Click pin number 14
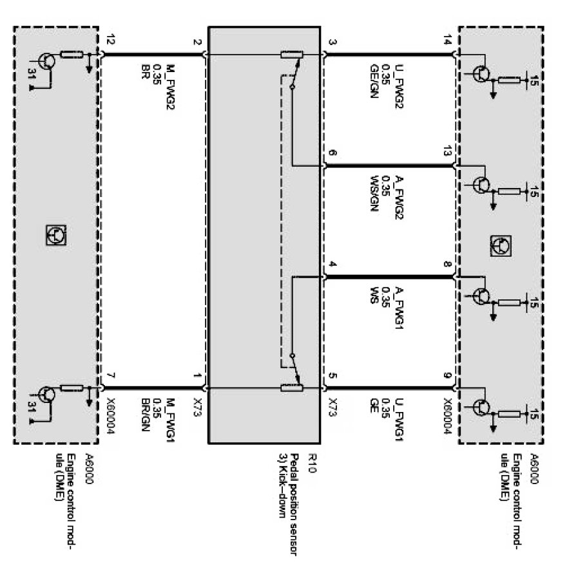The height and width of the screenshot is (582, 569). (x=446, y=41)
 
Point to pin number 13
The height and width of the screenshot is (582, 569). (x=446, y=151)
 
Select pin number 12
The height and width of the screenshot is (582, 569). (x=111, y=41)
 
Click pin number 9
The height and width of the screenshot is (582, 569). (x=446, y=375)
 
